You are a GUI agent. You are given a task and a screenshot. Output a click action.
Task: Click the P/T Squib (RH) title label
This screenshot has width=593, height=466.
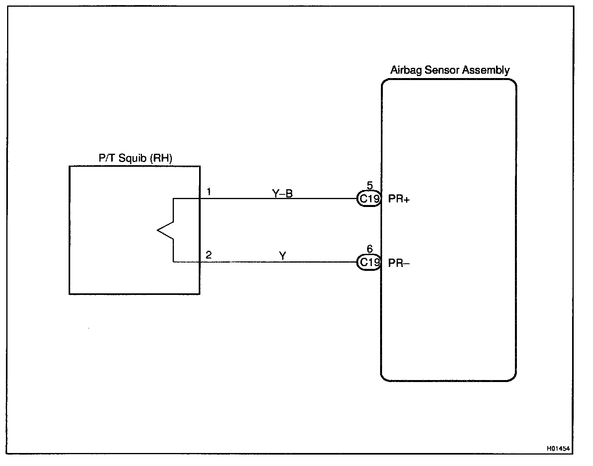(135, 158)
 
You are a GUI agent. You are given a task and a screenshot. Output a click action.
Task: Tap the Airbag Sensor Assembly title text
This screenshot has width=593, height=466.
(449, 70)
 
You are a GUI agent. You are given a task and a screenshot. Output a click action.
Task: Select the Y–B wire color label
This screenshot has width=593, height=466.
(282, 193)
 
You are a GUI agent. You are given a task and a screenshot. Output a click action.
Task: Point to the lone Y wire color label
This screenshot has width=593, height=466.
(282, 256)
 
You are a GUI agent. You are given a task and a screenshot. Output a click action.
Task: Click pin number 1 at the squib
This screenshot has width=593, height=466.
(209, 192)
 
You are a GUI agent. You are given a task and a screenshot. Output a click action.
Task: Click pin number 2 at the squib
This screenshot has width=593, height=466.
(209, 255)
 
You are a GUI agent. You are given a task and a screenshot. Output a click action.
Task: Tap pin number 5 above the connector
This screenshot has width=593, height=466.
(369, 185)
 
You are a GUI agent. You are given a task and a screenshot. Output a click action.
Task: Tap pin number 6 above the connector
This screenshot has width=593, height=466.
(369, 249)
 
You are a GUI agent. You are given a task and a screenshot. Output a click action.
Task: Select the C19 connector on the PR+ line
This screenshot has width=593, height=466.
(369, 199)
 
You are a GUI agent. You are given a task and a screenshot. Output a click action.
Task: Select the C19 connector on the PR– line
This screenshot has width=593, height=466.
(369, 262)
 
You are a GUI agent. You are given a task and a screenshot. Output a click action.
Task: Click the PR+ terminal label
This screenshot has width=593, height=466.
(399, 199)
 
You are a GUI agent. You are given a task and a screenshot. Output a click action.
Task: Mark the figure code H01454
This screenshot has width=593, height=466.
(558, 449)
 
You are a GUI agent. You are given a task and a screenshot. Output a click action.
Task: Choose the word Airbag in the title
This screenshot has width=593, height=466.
(406, 71)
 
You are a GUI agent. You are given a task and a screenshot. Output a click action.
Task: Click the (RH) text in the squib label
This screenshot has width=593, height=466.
(161, 158)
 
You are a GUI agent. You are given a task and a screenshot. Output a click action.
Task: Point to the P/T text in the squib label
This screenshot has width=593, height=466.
(105, 158)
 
